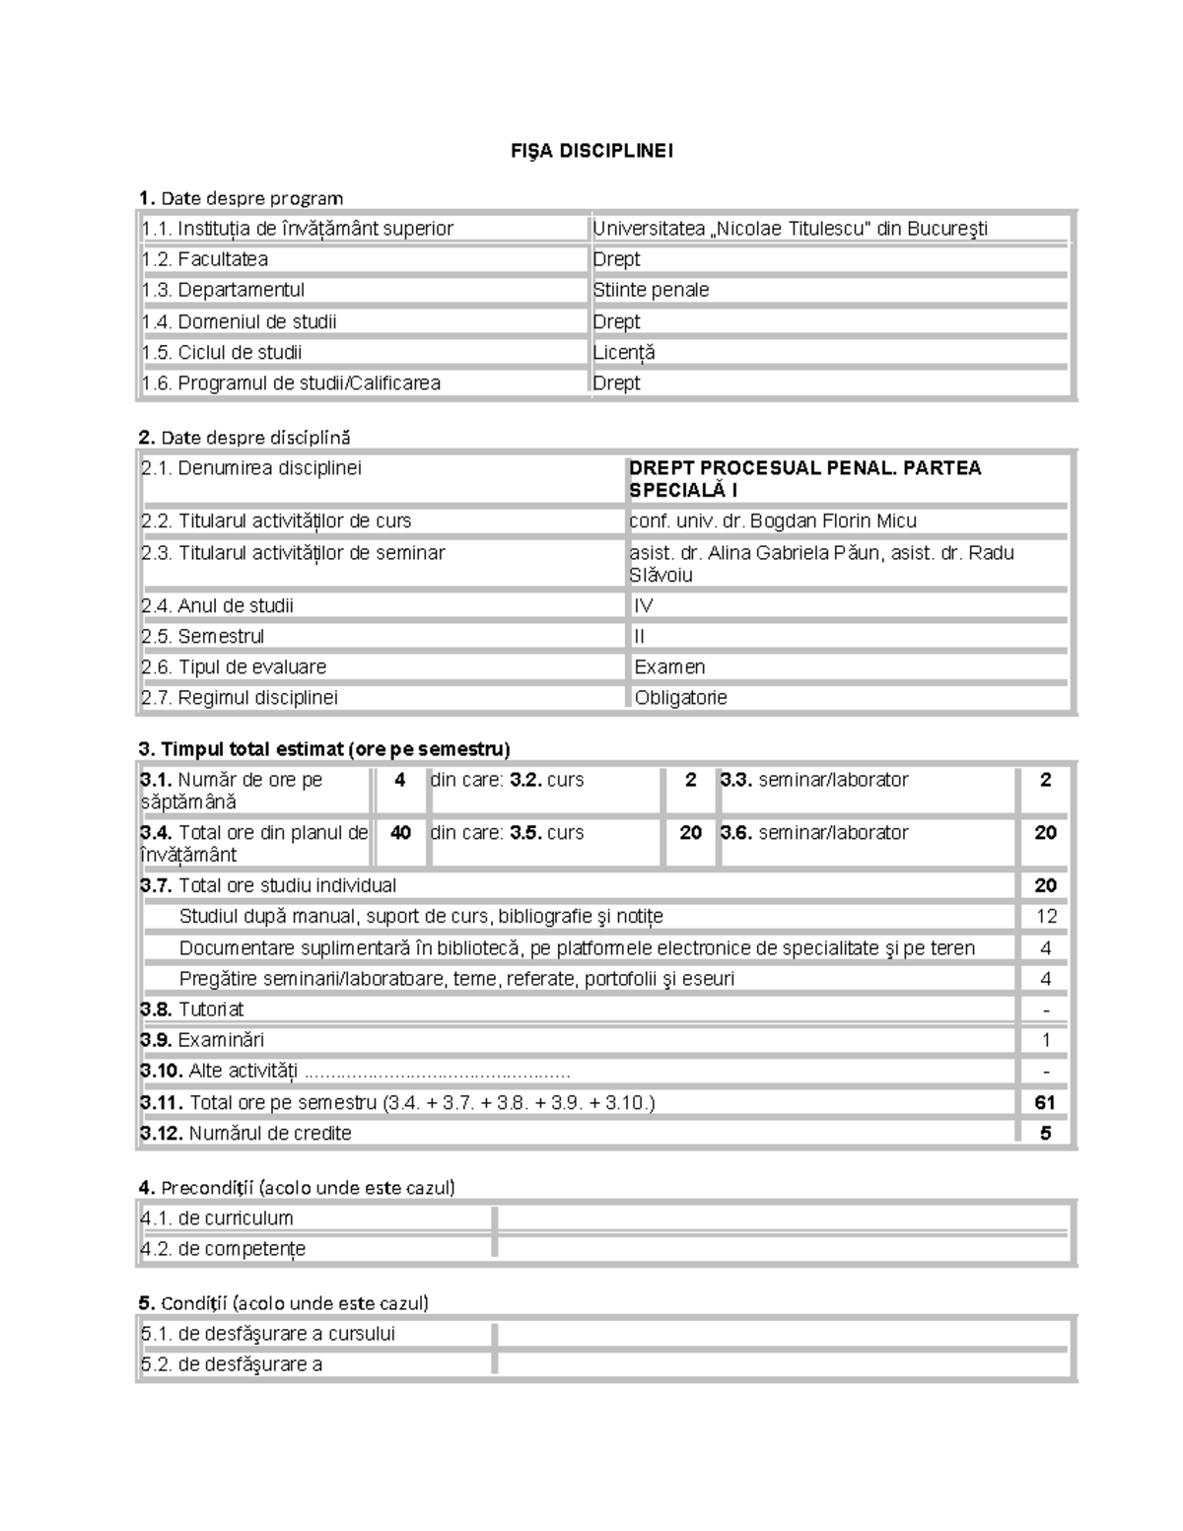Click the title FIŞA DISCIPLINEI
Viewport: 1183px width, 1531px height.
coord(591,151)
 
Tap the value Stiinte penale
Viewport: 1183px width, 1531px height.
coord(651,290)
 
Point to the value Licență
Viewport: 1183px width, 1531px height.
coord(624,352)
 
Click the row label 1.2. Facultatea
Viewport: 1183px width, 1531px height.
coord(205,259)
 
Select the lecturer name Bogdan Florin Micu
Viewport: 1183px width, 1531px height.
coord(833,521)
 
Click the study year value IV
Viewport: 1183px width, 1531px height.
coord(644,605)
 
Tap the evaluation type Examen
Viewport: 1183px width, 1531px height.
coord(669,666)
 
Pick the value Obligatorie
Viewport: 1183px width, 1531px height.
coord(680,697)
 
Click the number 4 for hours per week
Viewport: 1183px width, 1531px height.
coord(399,780)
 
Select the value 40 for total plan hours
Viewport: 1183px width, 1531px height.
coord(400,833)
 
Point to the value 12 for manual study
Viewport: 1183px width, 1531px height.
coord(1046,916)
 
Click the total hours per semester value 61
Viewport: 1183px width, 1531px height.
coord(1045,1102)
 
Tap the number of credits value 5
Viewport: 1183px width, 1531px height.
coord(1046,1133)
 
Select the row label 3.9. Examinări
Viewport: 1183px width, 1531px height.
coord(202,1040)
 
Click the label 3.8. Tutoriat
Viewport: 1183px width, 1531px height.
coord(192,1009)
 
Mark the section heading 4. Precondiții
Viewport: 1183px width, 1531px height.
coord(297,1187)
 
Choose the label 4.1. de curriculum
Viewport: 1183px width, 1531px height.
coord(217,1218)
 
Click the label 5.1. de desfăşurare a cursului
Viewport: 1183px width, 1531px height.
coord(268,1334)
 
